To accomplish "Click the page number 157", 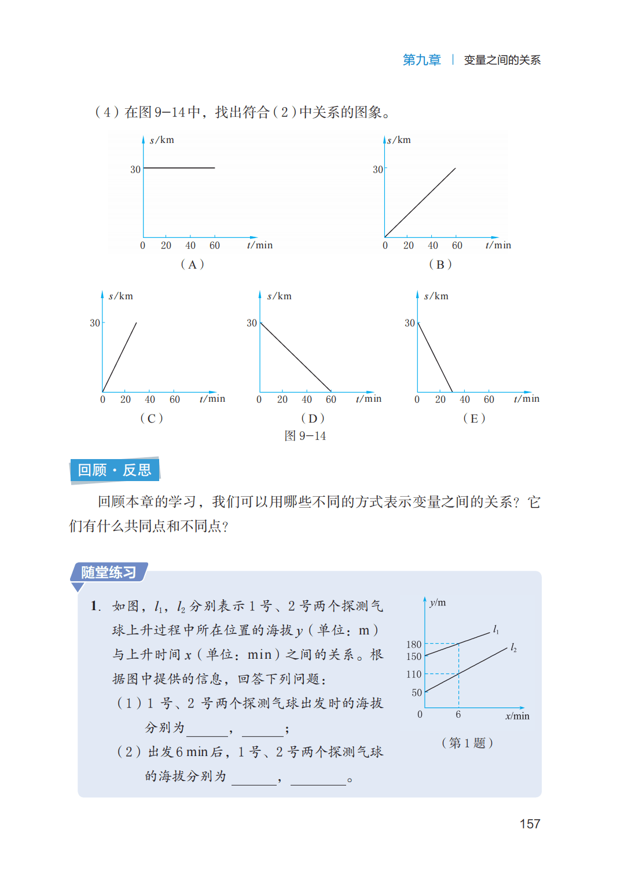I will (x=530, y=824).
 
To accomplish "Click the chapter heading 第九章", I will (x=421, y=60).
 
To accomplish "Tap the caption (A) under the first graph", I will (x=192, y=265).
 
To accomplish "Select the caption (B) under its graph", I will (x=440, y=265).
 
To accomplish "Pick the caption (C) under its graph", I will (x=152, y=419).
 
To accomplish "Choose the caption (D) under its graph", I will (x=313, y=419).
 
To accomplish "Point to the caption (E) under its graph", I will (x=474, y=419).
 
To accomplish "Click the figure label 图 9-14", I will (x=305, y=436).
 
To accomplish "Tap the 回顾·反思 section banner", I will (x=115, y=470).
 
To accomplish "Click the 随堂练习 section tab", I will (x=109, y=573).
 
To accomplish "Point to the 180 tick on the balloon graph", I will (x=414, y=644).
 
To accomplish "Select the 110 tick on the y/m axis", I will (x=414, y=674).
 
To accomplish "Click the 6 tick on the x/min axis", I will (x=458, y=714).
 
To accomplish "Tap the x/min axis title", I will (x=517, y=716).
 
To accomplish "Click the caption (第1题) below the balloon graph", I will (x=467, y=743).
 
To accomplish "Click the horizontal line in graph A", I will (x=179, y=168).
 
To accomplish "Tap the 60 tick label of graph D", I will (x=331, y=399).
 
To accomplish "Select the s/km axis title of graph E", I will (x=436, y=296).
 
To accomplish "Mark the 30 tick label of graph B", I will (x=378, y=170).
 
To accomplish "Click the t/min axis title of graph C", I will (x=212, y=399).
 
